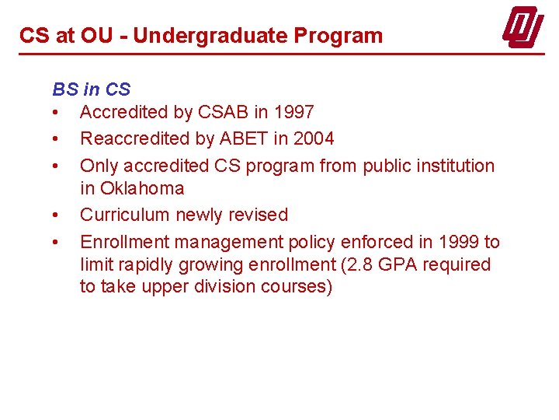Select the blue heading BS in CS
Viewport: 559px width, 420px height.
[x=91, y=89]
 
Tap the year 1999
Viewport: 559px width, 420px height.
[x=459, y=242]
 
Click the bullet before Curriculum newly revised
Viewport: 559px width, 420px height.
[x=56, y=215]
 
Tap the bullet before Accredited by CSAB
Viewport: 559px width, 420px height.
[x=56, y=112]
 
